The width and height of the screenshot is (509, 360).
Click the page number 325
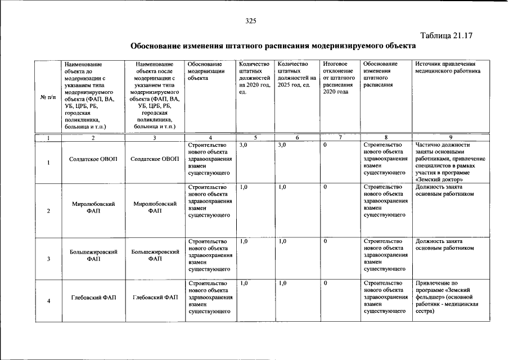tap(251, 21)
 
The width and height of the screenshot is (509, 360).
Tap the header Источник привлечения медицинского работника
tap(448, 68)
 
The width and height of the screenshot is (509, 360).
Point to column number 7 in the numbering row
tap(339, 138)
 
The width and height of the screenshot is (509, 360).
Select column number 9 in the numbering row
tap(450, 138)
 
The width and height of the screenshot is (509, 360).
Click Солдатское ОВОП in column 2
tap(93, 159)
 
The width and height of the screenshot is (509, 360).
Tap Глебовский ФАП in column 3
tap(155, 297)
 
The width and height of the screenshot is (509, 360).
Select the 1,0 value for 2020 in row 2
tap(244, 187)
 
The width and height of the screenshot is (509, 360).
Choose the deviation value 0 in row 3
tap(326, 241)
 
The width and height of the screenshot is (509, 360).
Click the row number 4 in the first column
tap(48, 301)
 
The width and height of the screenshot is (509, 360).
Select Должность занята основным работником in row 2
tap(444, 191)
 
